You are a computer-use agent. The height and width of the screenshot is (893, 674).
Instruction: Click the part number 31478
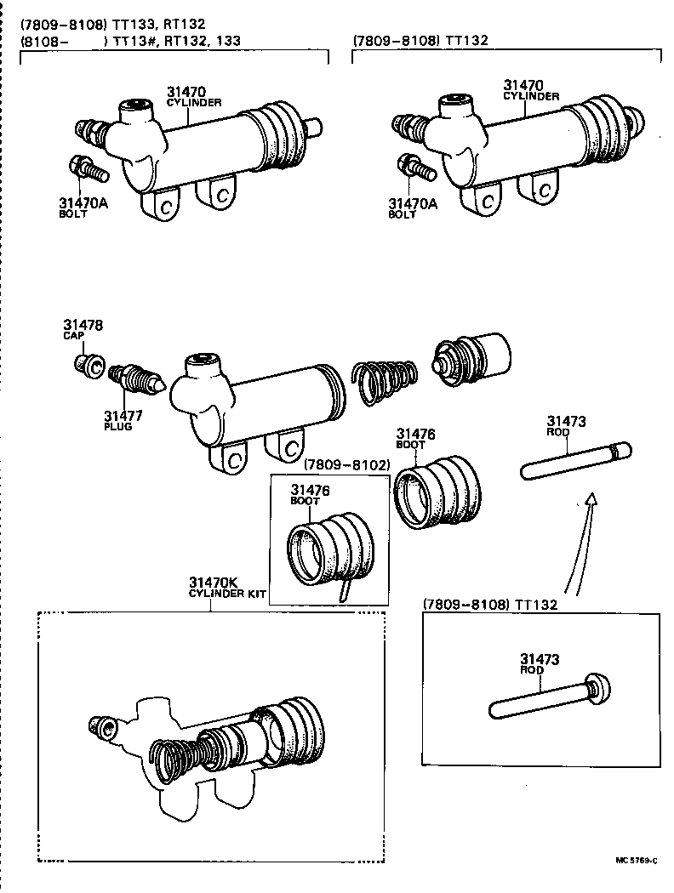click(x=83, y=325)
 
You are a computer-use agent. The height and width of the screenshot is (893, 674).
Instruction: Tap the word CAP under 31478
click(x=71, y=336)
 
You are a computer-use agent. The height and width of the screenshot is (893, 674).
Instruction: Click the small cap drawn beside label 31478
click(x=89, y=367)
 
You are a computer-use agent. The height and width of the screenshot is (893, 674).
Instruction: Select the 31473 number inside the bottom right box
click(x=540, y=658)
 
